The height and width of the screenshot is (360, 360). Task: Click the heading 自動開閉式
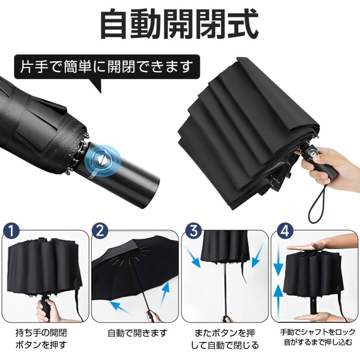click(180, 24)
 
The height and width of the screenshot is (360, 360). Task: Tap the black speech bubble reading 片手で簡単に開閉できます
click(107, 68)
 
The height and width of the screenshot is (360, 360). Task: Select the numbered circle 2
click(100, 230)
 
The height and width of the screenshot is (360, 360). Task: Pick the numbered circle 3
click(194, 230)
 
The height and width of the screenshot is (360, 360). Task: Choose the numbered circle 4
click(285, 230)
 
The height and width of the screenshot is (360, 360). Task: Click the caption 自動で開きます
click(138, 333)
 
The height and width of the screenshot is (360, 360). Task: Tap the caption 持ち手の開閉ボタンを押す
click(41, 339)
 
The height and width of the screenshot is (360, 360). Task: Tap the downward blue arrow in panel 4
click(278, 260)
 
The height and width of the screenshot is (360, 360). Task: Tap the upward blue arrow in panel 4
click(278, 301)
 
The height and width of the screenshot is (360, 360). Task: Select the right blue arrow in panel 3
click(258, 256)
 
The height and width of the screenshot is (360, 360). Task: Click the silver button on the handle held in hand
click(313, 153)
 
